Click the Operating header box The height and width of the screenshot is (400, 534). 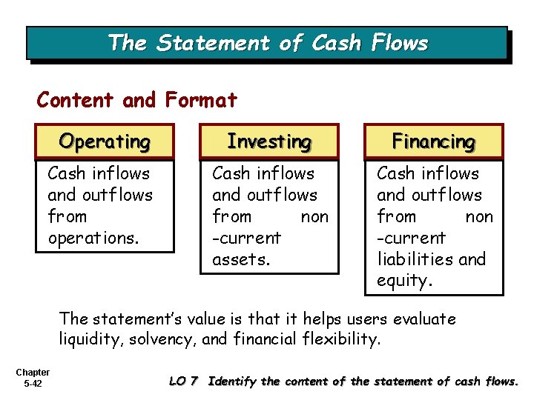coord(105,141)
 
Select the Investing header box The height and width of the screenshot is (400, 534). coord(268,141)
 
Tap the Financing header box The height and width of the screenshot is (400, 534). coord(433,141)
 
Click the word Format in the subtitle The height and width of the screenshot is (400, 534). coord(201,99)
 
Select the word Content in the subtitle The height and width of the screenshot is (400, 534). coord(76,99)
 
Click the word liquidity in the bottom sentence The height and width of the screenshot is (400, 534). coord(92,340)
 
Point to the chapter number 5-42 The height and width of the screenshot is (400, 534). coord(32,384)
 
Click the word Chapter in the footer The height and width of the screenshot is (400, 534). coord(32,373)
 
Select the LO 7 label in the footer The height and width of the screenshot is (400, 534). coord(185,381)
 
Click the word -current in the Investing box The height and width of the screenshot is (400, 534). coord(246,238)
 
